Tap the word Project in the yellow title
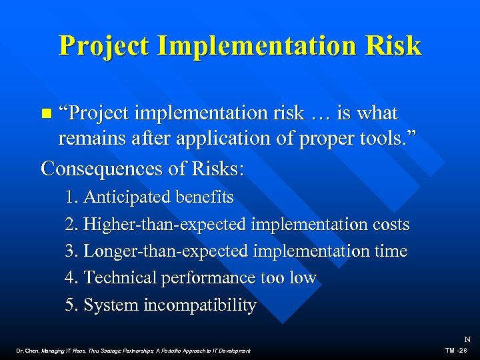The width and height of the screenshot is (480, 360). [x=102, y=45]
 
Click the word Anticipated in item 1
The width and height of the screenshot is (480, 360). [x=127, y=197]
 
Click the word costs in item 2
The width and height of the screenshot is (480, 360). [x=387, y=225]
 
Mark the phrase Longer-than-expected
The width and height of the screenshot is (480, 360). [x=163, y=251]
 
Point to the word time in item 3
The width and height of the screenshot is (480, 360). [x=391, y=251]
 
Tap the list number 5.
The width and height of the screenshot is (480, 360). [x=71, y=305]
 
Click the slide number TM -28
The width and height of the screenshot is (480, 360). [x=459, y=350]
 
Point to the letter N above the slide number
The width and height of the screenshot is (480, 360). [x=467, y=339]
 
